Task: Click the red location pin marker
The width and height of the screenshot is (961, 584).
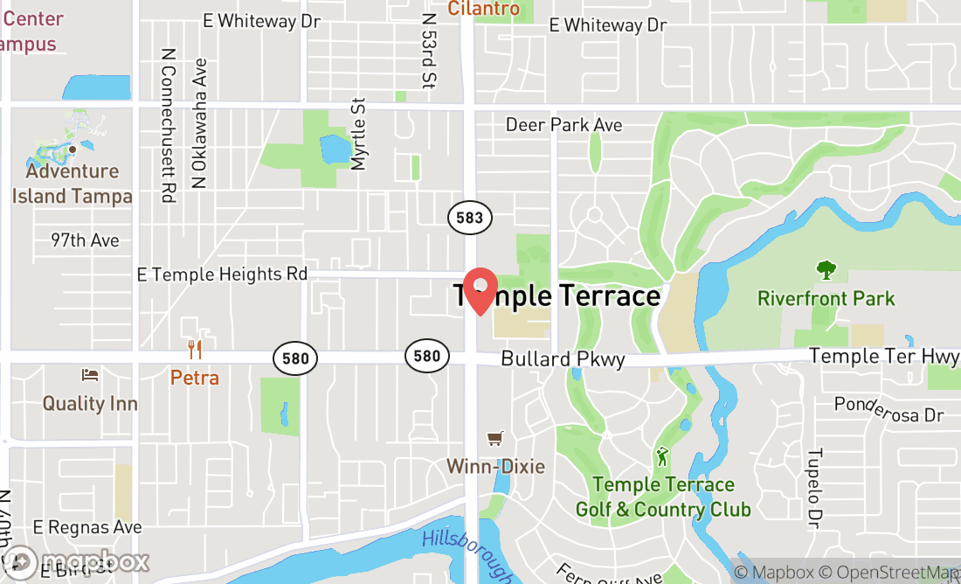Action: tap(480, 290)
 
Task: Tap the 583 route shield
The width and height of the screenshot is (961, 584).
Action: tap(469, 218)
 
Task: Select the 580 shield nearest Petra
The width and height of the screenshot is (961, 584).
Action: tap(294, 358)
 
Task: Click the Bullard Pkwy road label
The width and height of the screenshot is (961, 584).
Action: tap(563, 359)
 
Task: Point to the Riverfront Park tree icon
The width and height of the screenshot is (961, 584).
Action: tap(826, 270)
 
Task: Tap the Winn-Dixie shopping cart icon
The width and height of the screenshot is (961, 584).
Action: tap(495, 438)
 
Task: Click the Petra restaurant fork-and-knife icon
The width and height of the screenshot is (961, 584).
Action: tap(195, 351)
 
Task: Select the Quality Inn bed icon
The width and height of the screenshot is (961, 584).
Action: tap(90, 375)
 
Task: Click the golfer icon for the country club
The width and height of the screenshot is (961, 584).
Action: tap(663, 456)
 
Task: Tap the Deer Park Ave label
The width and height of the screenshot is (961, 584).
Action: tap(563, 125)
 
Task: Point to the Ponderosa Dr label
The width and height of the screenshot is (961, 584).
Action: tap(888, 408)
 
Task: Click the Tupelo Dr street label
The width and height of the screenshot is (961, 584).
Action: tap(814, 490)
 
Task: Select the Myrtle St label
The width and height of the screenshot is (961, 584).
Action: tap(357, 134)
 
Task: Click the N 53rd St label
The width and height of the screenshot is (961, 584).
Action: tap(428, 51)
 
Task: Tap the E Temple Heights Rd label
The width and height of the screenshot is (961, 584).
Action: tap(223, 275)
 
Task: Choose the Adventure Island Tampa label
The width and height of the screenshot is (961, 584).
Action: tap(72, 184)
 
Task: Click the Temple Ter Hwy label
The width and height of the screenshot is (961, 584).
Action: tap(883, 356)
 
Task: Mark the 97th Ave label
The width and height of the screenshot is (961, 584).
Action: tap(84, 240)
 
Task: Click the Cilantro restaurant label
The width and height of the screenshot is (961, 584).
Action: tap(484, 9)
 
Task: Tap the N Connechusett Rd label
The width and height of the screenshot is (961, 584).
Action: tap(168, 125)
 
